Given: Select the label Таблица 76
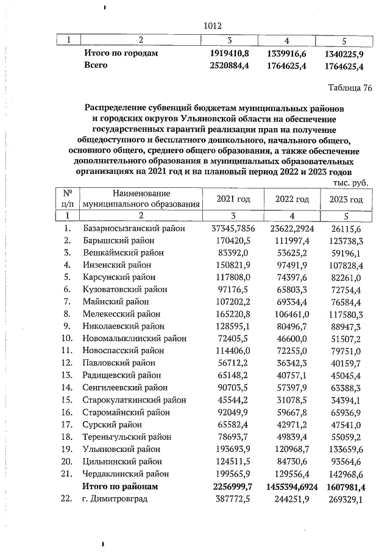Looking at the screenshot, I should click(x=349, y=88).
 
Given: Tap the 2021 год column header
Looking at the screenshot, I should click(x=233, y=199).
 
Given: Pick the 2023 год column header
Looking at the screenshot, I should click(x=346, y=199).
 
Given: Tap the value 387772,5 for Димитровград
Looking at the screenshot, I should click(x=233, y=499).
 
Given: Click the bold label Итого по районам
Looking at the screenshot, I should click(x=121, y=487).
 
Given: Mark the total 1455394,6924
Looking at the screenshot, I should click(x=289, y=487).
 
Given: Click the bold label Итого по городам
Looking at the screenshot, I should click(x=121, y=54).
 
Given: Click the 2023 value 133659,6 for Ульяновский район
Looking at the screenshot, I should click(x=346, y=450).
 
